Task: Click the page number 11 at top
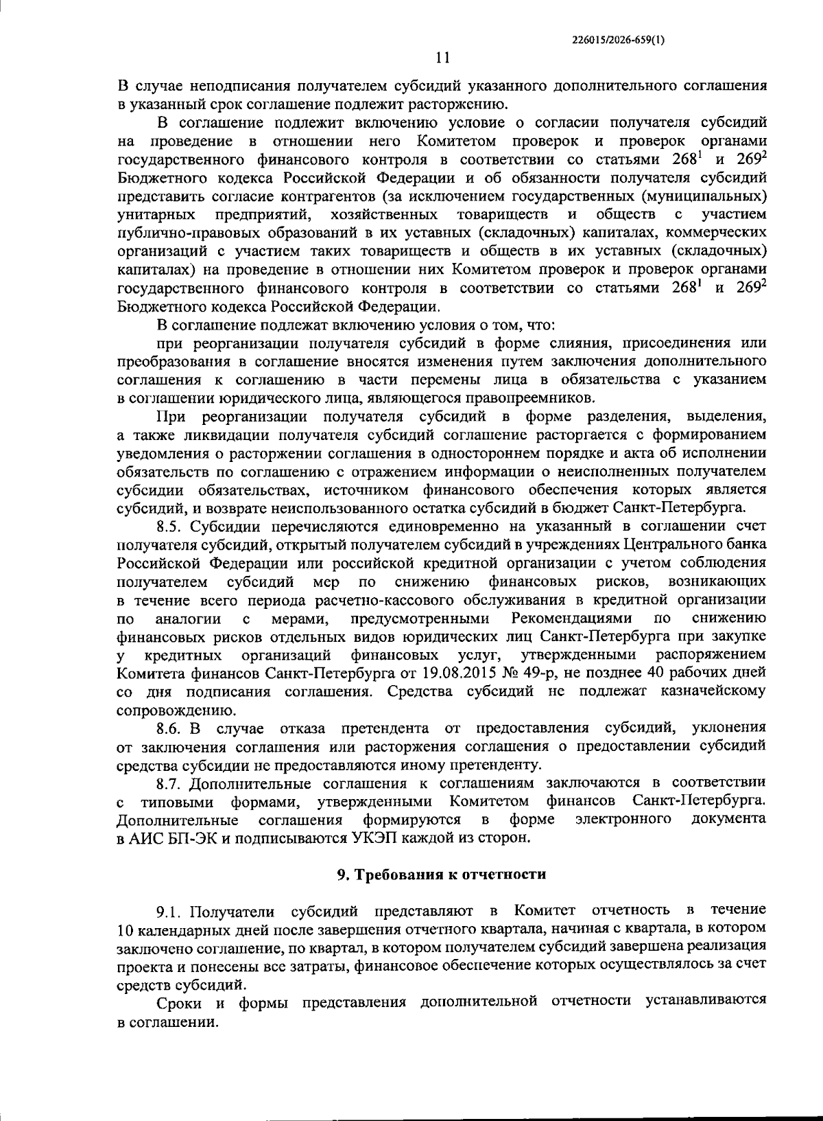442,58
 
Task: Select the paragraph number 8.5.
170,527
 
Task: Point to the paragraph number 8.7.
170,783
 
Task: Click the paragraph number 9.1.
170,911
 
